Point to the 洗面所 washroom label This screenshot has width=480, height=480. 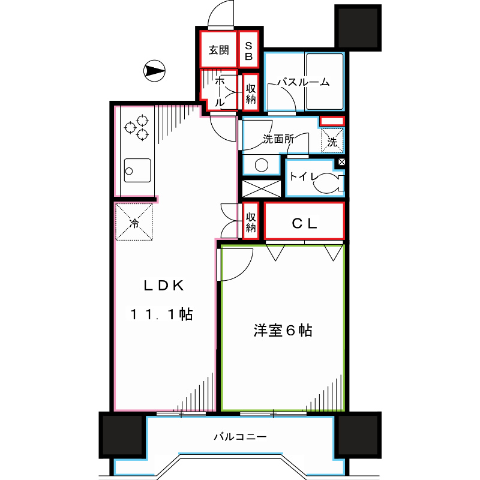tap(278, 138)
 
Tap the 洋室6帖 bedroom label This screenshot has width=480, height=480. tap(282, 331)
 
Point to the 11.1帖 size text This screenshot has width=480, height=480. tap(162, 314)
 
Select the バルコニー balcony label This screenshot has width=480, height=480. tap(239, 437)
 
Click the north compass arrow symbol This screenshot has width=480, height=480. tap(154, 71)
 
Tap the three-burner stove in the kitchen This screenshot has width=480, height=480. tap(136, 127)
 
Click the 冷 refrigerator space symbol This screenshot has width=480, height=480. tap(134, 223)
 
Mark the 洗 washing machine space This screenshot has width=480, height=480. tap(332, 142)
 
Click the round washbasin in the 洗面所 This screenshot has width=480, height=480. tap(261, 166)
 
